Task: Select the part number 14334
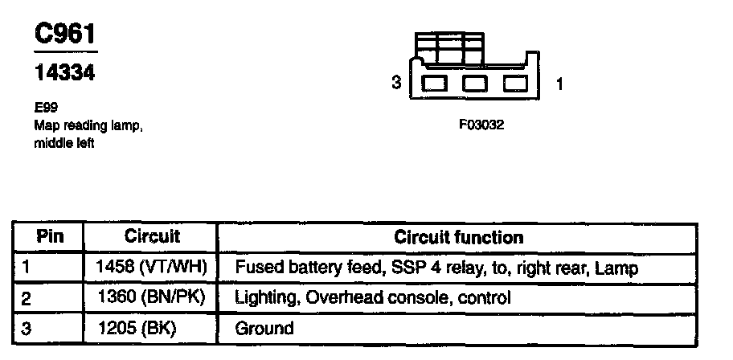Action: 64,73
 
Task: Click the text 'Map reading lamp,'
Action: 88,125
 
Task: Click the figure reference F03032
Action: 481,125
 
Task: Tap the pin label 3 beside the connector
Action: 395,83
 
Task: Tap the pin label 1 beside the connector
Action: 559,83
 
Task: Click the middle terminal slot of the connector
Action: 475,83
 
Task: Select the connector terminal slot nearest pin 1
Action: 515,83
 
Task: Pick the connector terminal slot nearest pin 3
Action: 436,83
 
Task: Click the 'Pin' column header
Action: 50,237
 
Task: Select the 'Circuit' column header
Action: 152,237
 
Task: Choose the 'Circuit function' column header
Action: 458,237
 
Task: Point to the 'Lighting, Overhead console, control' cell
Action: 372,297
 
